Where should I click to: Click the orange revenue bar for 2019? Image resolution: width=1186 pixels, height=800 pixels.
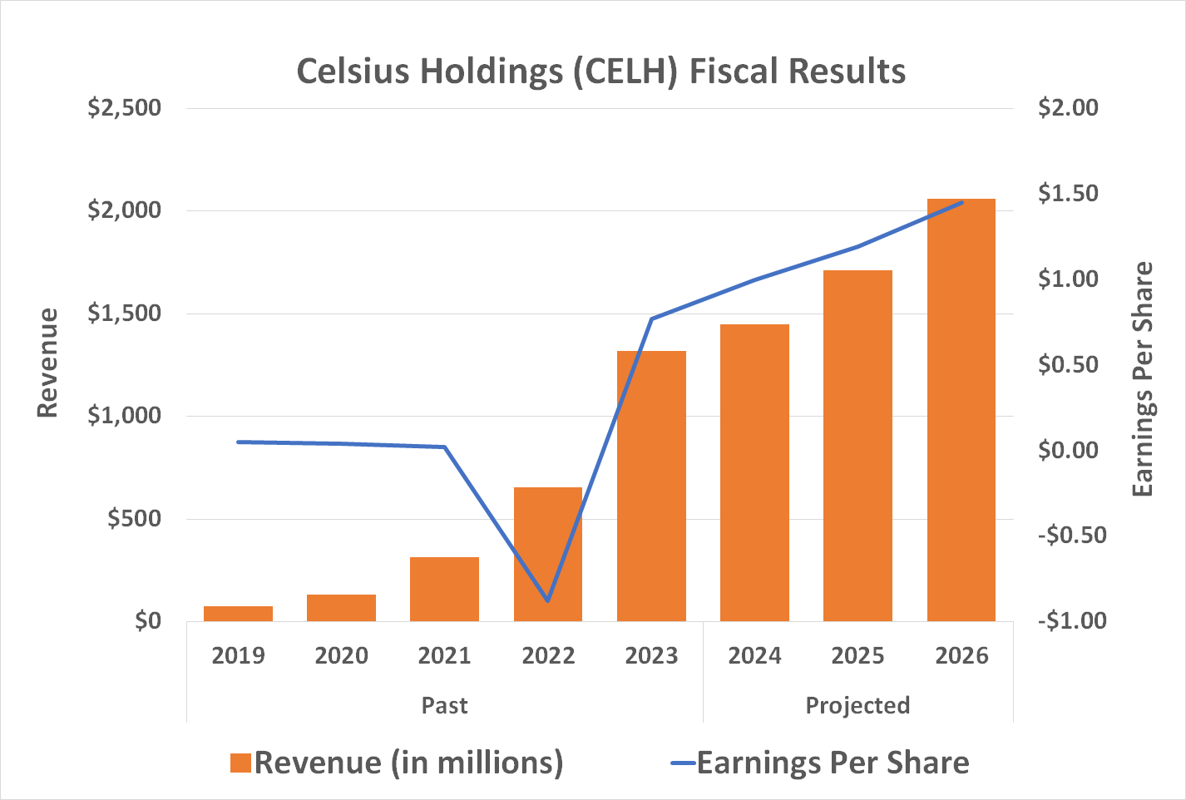coord(238,614)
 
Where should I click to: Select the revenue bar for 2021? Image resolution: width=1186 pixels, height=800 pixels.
coord(444,589)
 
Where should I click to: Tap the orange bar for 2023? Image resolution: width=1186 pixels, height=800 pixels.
coord(651,486)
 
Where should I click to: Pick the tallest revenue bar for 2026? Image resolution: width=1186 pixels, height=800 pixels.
coord(961,409)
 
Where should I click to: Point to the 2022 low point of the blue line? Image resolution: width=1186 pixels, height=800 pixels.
coord(547,600)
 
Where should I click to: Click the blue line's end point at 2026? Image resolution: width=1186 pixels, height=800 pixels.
coord(962,202)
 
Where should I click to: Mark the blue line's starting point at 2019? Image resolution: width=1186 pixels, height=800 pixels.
coord(238,442)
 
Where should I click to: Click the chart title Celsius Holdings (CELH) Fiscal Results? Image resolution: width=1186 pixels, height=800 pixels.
coord(600,72)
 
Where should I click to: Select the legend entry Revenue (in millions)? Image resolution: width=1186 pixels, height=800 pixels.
coord(397,763)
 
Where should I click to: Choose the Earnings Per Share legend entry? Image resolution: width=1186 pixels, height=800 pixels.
coord(820,763)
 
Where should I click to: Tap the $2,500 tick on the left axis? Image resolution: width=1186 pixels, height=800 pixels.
coord(125,108)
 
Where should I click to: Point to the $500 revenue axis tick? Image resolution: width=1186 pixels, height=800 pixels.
coord(134,519)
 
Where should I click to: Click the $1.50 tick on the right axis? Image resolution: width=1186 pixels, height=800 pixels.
coord(1068,194)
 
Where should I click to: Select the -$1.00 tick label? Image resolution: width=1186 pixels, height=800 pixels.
coord(1072,620)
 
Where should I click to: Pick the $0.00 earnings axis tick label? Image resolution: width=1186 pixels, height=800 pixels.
coord(1068,450)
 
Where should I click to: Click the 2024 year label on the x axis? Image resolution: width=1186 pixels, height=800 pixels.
coord(754,656)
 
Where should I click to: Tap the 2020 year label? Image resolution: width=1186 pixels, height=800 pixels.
coord(341,656)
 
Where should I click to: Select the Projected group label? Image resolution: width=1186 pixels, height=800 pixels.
coord(857,706)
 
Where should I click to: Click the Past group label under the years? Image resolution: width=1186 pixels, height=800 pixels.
coord(444,706)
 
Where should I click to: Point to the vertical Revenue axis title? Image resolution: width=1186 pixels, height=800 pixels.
coord(48,363)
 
